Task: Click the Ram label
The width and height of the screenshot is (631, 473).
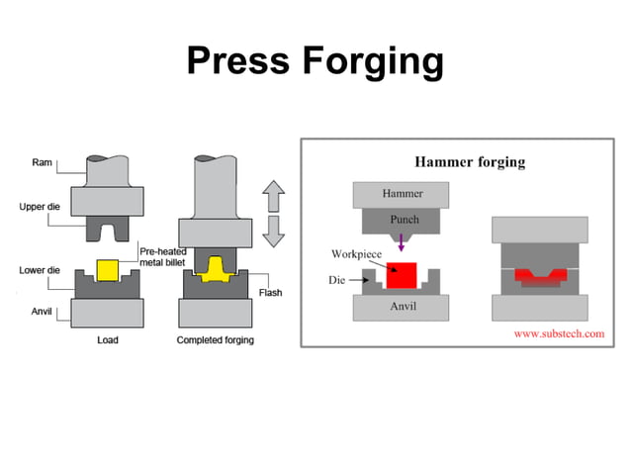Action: click(x=43, y=162)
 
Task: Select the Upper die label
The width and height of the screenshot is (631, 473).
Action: click(x=41, y=207)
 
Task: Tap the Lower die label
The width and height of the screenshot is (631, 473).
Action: click(x=41, y=269)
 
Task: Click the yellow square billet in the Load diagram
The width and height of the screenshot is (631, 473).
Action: click(x=107, y=270)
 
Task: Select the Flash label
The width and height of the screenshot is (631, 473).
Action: click(x=270, y=293)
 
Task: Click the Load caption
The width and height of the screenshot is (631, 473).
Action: click(x=108, y=340)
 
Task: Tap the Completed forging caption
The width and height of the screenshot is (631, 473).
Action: click(x=215, y=340)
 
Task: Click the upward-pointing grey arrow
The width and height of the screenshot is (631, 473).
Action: click(x=274, y=196)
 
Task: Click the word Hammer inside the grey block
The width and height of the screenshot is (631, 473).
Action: click(x=403, y=192)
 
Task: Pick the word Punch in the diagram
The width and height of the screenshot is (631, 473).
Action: click(x=404, y=220)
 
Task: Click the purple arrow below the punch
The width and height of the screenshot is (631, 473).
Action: click(x=401, y=242)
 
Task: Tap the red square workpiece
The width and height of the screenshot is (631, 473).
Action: click(x=401, y=274)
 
